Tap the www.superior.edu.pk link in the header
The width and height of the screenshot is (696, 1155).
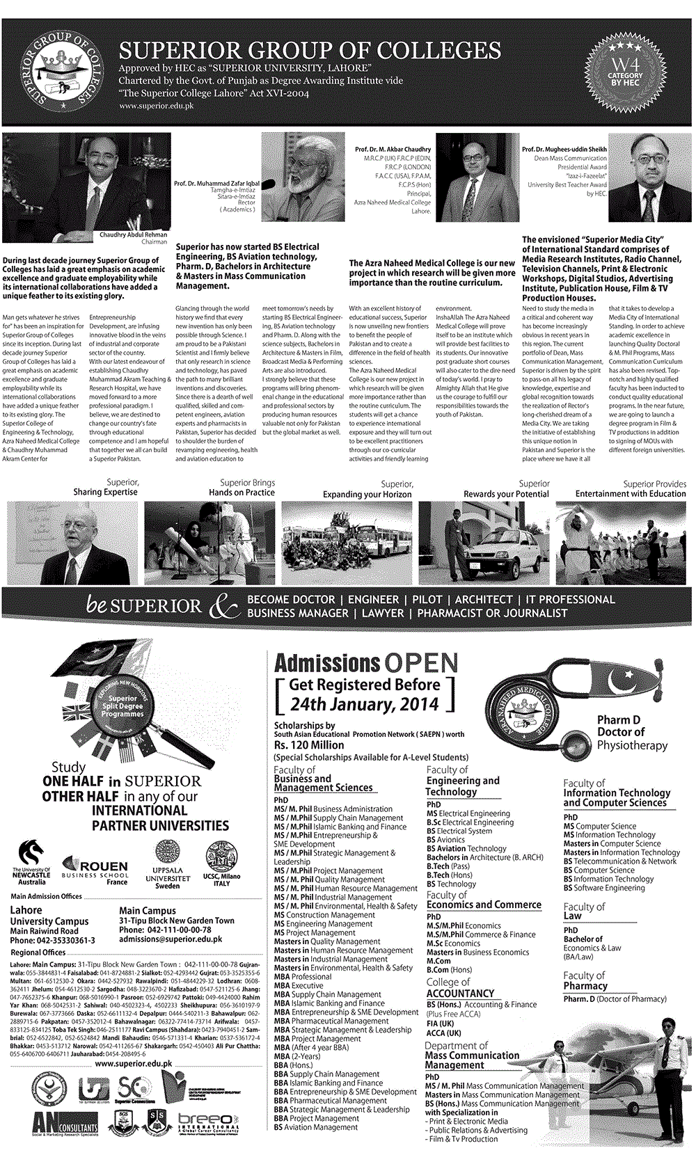click(x=157, y=106)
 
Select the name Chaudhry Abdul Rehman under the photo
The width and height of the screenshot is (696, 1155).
click(x=133, y=235)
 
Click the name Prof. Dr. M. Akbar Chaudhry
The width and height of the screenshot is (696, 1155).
click(x=393, y=150)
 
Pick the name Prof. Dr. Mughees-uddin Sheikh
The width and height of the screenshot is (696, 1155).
click(x=564, y=150)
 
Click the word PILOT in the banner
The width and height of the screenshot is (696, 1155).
click(x=427, y=600)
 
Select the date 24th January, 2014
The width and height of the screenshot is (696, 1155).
click(x=364, y=704)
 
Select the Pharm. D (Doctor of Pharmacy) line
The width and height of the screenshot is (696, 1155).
click(x=615, y=998)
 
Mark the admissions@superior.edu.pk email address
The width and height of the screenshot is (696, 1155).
click(x=171, y=939)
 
